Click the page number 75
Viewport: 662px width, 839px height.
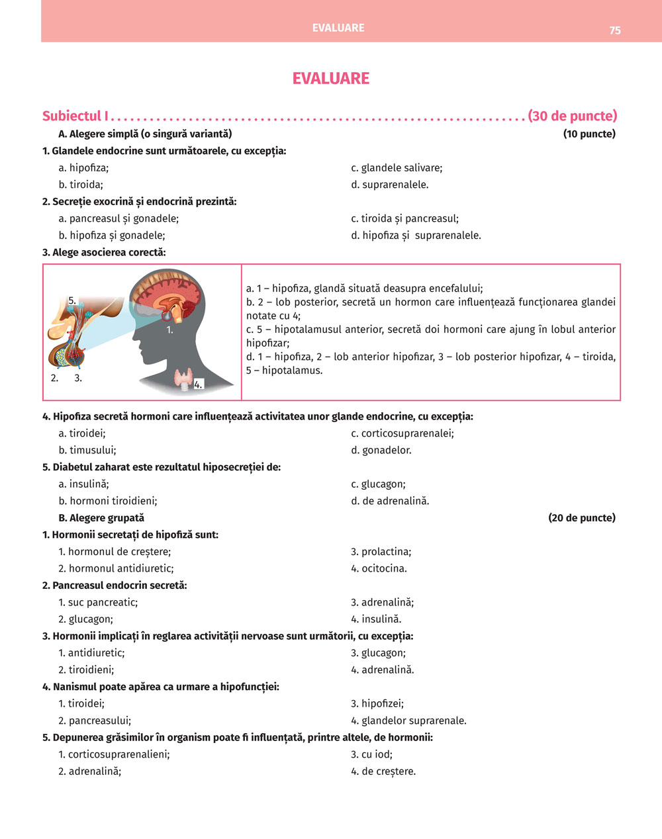615,30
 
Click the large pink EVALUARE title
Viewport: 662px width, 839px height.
331,78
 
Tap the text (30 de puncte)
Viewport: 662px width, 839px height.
573,116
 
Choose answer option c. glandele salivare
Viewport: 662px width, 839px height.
397,168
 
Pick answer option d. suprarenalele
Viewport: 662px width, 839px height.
390,185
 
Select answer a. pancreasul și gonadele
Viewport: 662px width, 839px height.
118,218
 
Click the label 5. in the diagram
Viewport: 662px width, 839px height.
72,300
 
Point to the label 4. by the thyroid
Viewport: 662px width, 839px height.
198,384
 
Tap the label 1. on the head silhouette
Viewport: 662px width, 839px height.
169,329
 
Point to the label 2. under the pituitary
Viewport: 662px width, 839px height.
54,378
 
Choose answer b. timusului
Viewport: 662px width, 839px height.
87,450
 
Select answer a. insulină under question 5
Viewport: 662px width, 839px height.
83,484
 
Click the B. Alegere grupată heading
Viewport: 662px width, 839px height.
101,517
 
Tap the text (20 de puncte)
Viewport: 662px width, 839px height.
581,517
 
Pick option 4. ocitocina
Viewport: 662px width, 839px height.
379,568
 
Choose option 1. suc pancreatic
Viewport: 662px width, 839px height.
98,602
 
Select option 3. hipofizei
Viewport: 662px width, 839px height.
377,703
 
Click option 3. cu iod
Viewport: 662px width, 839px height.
371,754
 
